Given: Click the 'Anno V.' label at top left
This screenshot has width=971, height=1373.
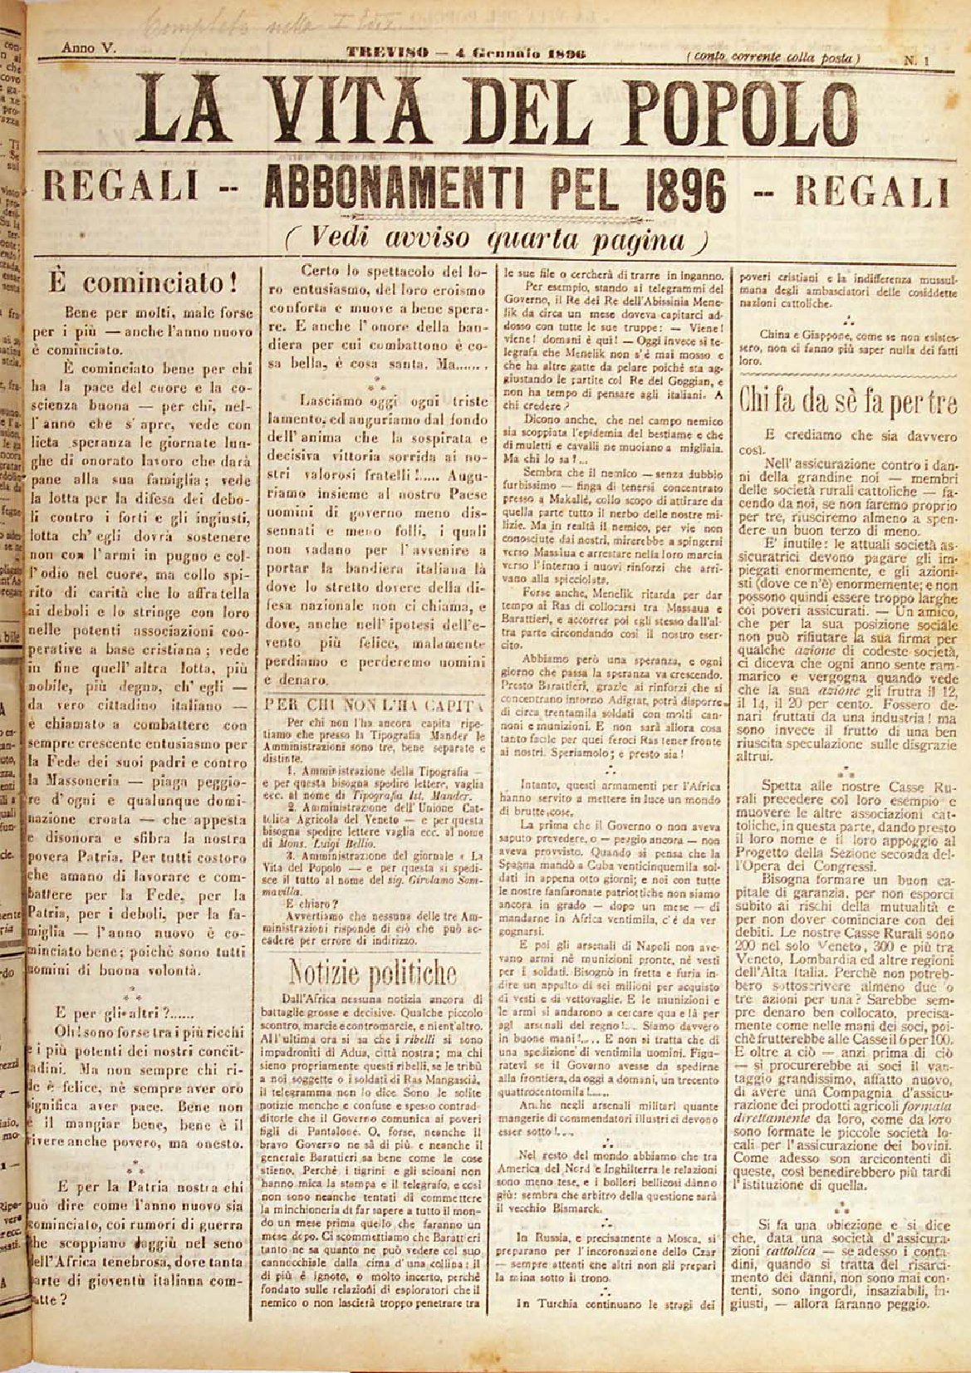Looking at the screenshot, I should click(x=89, y=50).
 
